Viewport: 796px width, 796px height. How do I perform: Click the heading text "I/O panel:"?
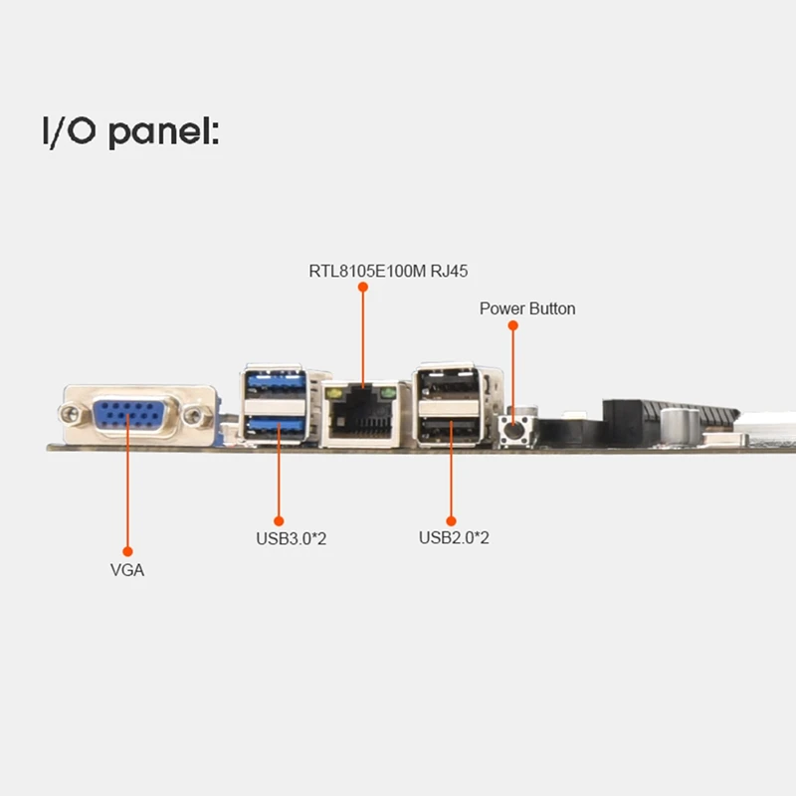tap(129, 131)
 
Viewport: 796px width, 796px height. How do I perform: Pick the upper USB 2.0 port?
tap(450, 384)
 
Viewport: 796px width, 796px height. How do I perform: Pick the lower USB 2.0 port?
tap(450, 429)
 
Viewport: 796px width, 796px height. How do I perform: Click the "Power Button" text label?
tap(527, 308)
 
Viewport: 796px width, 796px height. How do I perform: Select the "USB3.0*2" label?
tap(292, 540)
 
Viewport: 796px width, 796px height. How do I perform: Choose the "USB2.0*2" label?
tap(454, 538)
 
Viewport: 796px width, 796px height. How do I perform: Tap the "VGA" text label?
tap(126, 570)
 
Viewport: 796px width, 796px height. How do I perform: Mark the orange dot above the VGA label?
tap(127, 549)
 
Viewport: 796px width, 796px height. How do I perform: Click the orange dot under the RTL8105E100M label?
tap(363, 287)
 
